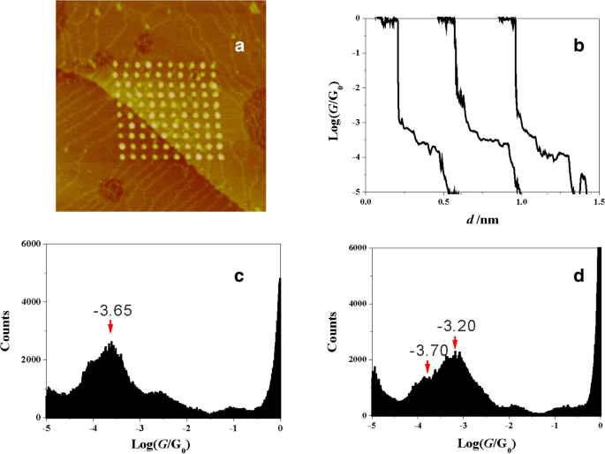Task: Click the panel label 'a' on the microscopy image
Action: (238, 47)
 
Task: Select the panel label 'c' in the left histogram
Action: (238, 277)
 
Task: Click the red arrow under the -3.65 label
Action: (110, 328)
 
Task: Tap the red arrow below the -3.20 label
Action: (455, 342)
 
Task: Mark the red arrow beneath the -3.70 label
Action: (427, 366)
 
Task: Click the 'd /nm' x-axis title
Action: (480, 221)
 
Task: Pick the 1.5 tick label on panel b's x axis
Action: (598, 202)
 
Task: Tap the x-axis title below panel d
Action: (487, 446)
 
